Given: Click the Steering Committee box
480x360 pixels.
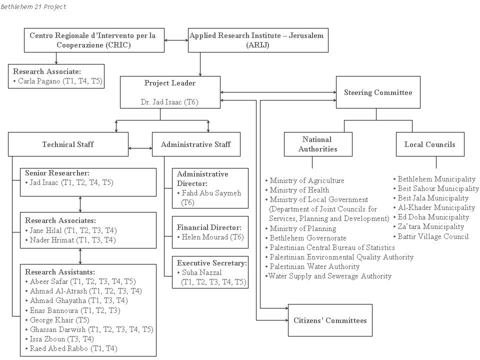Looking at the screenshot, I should point(377,92).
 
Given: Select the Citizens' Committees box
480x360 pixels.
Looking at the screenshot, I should point(329,320).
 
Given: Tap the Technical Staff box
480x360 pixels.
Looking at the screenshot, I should point(68,144).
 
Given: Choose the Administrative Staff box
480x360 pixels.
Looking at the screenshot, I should point(195,144).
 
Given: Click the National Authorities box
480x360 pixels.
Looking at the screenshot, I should point(317,144).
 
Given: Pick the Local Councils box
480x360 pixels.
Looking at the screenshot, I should point(429,144).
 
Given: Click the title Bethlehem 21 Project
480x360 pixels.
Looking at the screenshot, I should point(33,6).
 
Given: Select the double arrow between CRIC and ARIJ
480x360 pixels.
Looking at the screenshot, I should point(175,40).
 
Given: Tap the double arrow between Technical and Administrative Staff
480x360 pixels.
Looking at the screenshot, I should point(140,148).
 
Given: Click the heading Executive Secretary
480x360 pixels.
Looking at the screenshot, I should point(212,263).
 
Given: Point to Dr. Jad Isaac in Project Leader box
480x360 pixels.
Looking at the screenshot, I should point(169,102).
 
